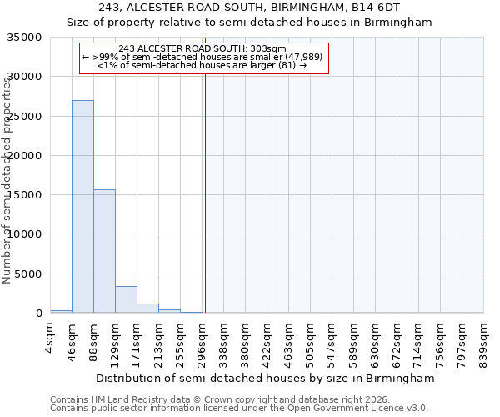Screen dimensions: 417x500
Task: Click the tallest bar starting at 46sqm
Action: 82,207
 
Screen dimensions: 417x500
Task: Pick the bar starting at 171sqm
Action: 147,308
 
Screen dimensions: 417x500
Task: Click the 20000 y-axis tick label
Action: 26,156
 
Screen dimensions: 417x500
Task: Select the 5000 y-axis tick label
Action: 29,274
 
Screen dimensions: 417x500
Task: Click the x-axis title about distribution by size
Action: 266,378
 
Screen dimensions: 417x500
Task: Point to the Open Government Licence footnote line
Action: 239,408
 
